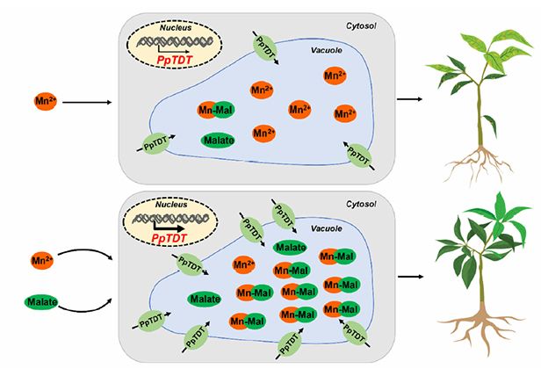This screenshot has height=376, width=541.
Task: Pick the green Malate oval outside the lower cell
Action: pos(41,302)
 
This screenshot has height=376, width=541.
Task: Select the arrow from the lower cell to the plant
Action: pos(409,276)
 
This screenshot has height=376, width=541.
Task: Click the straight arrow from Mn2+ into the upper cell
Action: pos(86,103)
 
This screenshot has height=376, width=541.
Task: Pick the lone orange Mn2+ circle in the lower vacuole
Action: pos(245,264)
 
